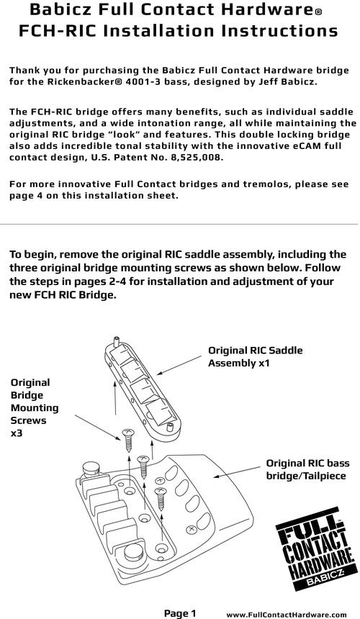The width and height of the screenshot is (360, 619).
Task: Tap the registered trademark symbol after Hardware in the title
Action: point(318,12)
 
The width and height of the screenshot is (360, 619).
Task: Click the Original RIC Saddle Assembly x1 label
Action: point(256,356)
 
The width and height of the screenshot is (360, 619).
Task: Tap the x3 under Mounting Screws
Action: point(16,433)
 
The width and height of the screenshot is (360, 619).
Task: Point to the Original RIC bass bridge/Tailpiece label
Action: point(307,469)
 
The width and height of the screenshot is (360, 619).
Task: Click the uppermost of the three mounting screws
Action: point(128,440)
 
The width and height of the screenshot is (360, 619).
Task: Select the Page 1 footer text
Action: point(180,613)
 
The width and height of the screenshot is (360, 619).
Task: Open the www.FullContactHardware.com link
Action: point(286,614)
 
